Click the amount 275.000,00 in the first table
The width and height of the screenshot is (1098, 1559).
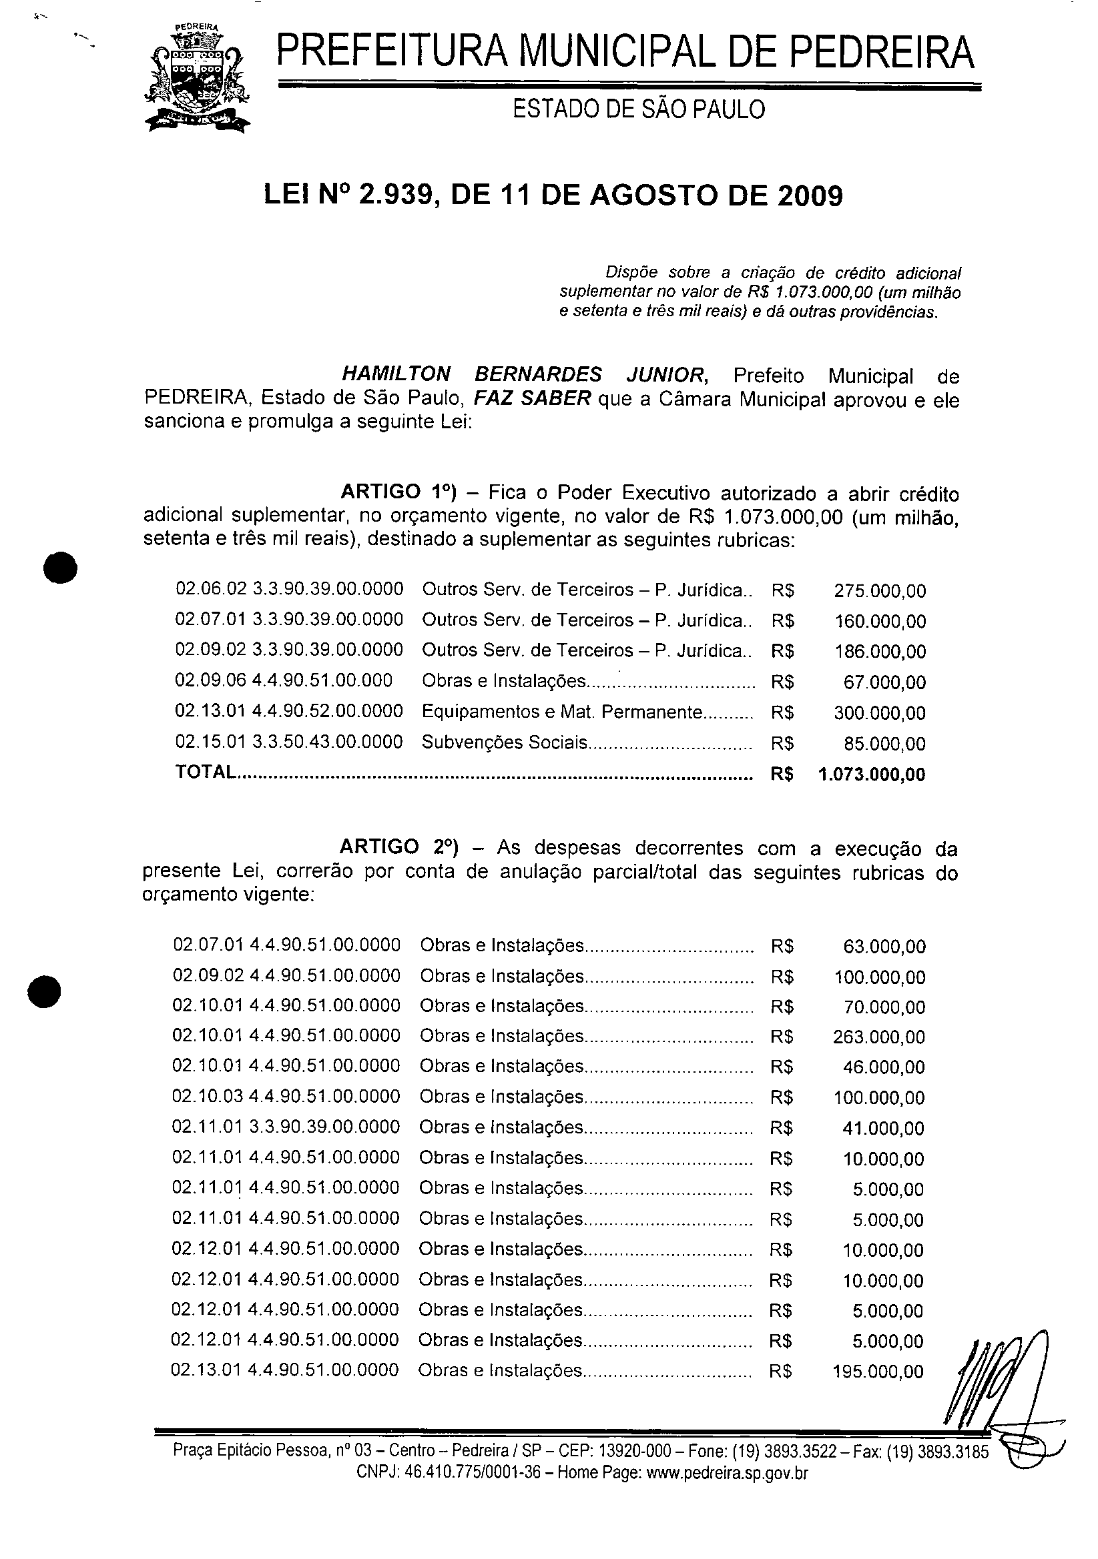880,591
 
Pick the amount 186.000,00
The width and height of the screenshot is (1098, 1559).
880,652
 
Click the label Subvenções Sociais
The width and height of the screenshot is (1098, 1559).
504,743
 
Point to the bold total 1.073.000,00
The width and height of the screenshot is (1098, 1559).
872,774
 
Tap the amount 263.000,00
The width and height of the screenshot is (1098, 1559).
878,1037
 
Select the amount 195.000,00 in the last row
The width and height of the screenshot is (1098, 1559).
878,1372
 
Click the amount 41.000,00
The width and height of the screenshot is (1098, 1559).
883,1129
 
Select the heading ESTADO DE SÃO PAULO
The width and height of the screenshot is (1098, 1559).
639,109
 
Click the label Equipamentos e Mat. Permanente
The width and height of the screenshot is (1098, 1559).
561,712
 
